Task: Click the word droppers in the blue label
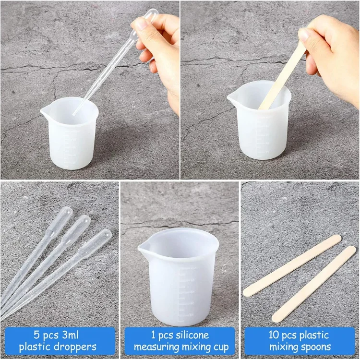click(76, 347)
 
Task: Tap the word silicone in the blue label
click(192, 335)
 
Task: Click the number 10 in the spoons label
click(274, 335)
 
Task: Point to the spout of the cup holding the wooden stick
click(231, 97)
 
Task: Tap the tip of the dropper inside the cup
click(74, 113)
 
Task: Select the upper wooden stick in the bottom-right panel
click(292, 265)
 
